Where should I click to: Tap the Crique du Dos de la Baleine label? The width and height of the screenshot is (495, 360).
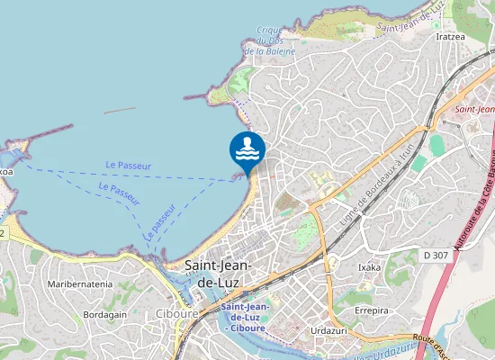pos(269,40)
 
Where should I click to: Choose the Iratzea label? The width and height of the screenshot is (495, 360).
pos(450,37)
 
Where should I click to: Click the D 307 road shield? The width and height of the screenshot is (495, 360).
pos(436,255)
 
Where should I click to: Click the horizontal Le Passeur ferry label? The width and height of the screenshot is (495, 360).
pos(128,166)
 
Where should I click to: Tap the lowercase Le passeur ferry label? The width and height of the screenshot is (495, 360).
pos(157,225)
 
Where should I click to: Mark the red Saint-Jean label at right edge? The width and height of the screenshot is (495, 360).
pos(475,110)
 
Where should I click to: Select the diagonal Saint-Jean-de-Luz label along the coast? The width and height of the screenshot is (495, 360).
pos(410,16)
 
